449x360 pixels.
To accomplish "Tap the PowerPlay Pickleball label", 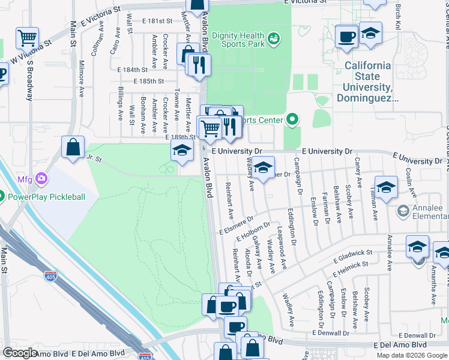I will (x=46, y=197).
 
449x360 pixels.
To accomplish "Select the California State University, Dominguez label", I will (x=367, y=81).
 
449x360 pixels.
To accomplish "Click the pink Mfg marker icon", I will (x=41, y=178).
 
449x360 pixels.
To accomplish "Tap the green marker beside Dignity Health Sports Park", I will (x=274, y=38).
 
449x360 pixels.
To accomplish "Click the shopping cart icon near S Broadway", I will (x=28, y=38).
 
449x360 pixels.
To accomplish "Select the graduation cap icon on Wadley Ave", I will (x=262, y=168).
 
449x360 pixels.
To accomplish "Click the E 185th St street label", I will (x=149, y=81).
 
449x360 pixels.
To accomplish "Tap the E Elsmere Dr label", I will (x=237, y=225).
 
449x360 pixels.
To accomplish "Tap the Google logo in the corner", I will (x=20, y=353).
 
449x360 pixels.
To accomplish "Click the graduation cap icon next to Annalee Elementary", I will (x=387, y=187).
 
